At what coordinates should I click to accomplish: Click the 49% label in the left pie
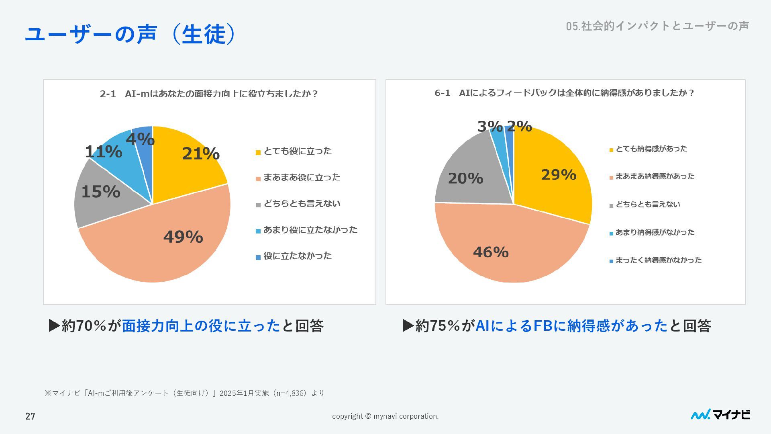point(183,237)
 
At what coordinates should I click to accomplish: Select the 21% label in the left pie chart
point(201,154)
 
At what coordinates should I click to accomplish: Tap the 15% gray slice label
point(101,192)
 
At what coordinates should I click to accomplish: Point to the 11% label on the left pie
point(103,152)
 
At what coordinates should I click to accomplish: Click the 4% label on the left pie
point(140,139)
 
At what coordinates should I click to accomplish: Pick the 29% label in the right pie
point(559,175)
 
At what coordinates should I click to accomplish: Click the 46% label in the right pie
point(491,252)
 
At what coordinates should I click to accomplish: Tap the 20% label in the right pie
point(465,178)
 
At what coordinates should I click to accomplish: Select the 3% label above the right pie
point(490,127)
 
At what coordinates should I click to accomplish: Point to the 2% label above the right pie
point(519,127)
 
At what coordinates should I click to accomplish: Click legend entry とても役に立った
point(298,151)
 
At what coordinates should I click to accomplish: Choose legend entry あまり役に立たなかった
point(310,230)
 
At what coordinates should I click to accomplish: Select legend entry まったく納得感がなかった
point(658,260)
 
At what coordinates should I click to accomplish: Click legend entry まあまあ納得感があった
point(655,176)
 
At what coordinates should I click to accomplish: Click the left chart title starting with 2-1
point(209,94)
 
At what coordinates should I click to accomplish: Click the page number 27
point(31,416)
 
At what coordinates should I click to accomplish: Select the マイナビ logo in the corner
point(720,415)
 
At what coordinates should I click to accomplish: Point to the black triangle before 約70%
point(54,325)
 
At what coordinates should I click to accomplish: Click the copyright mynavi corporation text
point(385,416)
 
